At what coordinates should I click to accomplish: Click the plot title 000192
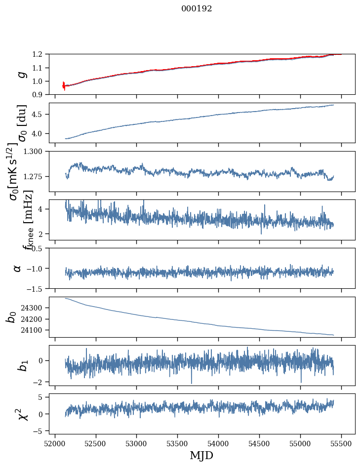(x=197, y=9)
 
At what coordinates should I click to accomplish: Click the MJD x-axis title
(x=201, y=456)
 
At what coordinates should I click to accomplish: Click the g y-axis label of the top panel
(x=21, y=75)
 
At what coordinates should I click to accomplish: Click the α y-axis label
(x=17, y=268)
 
